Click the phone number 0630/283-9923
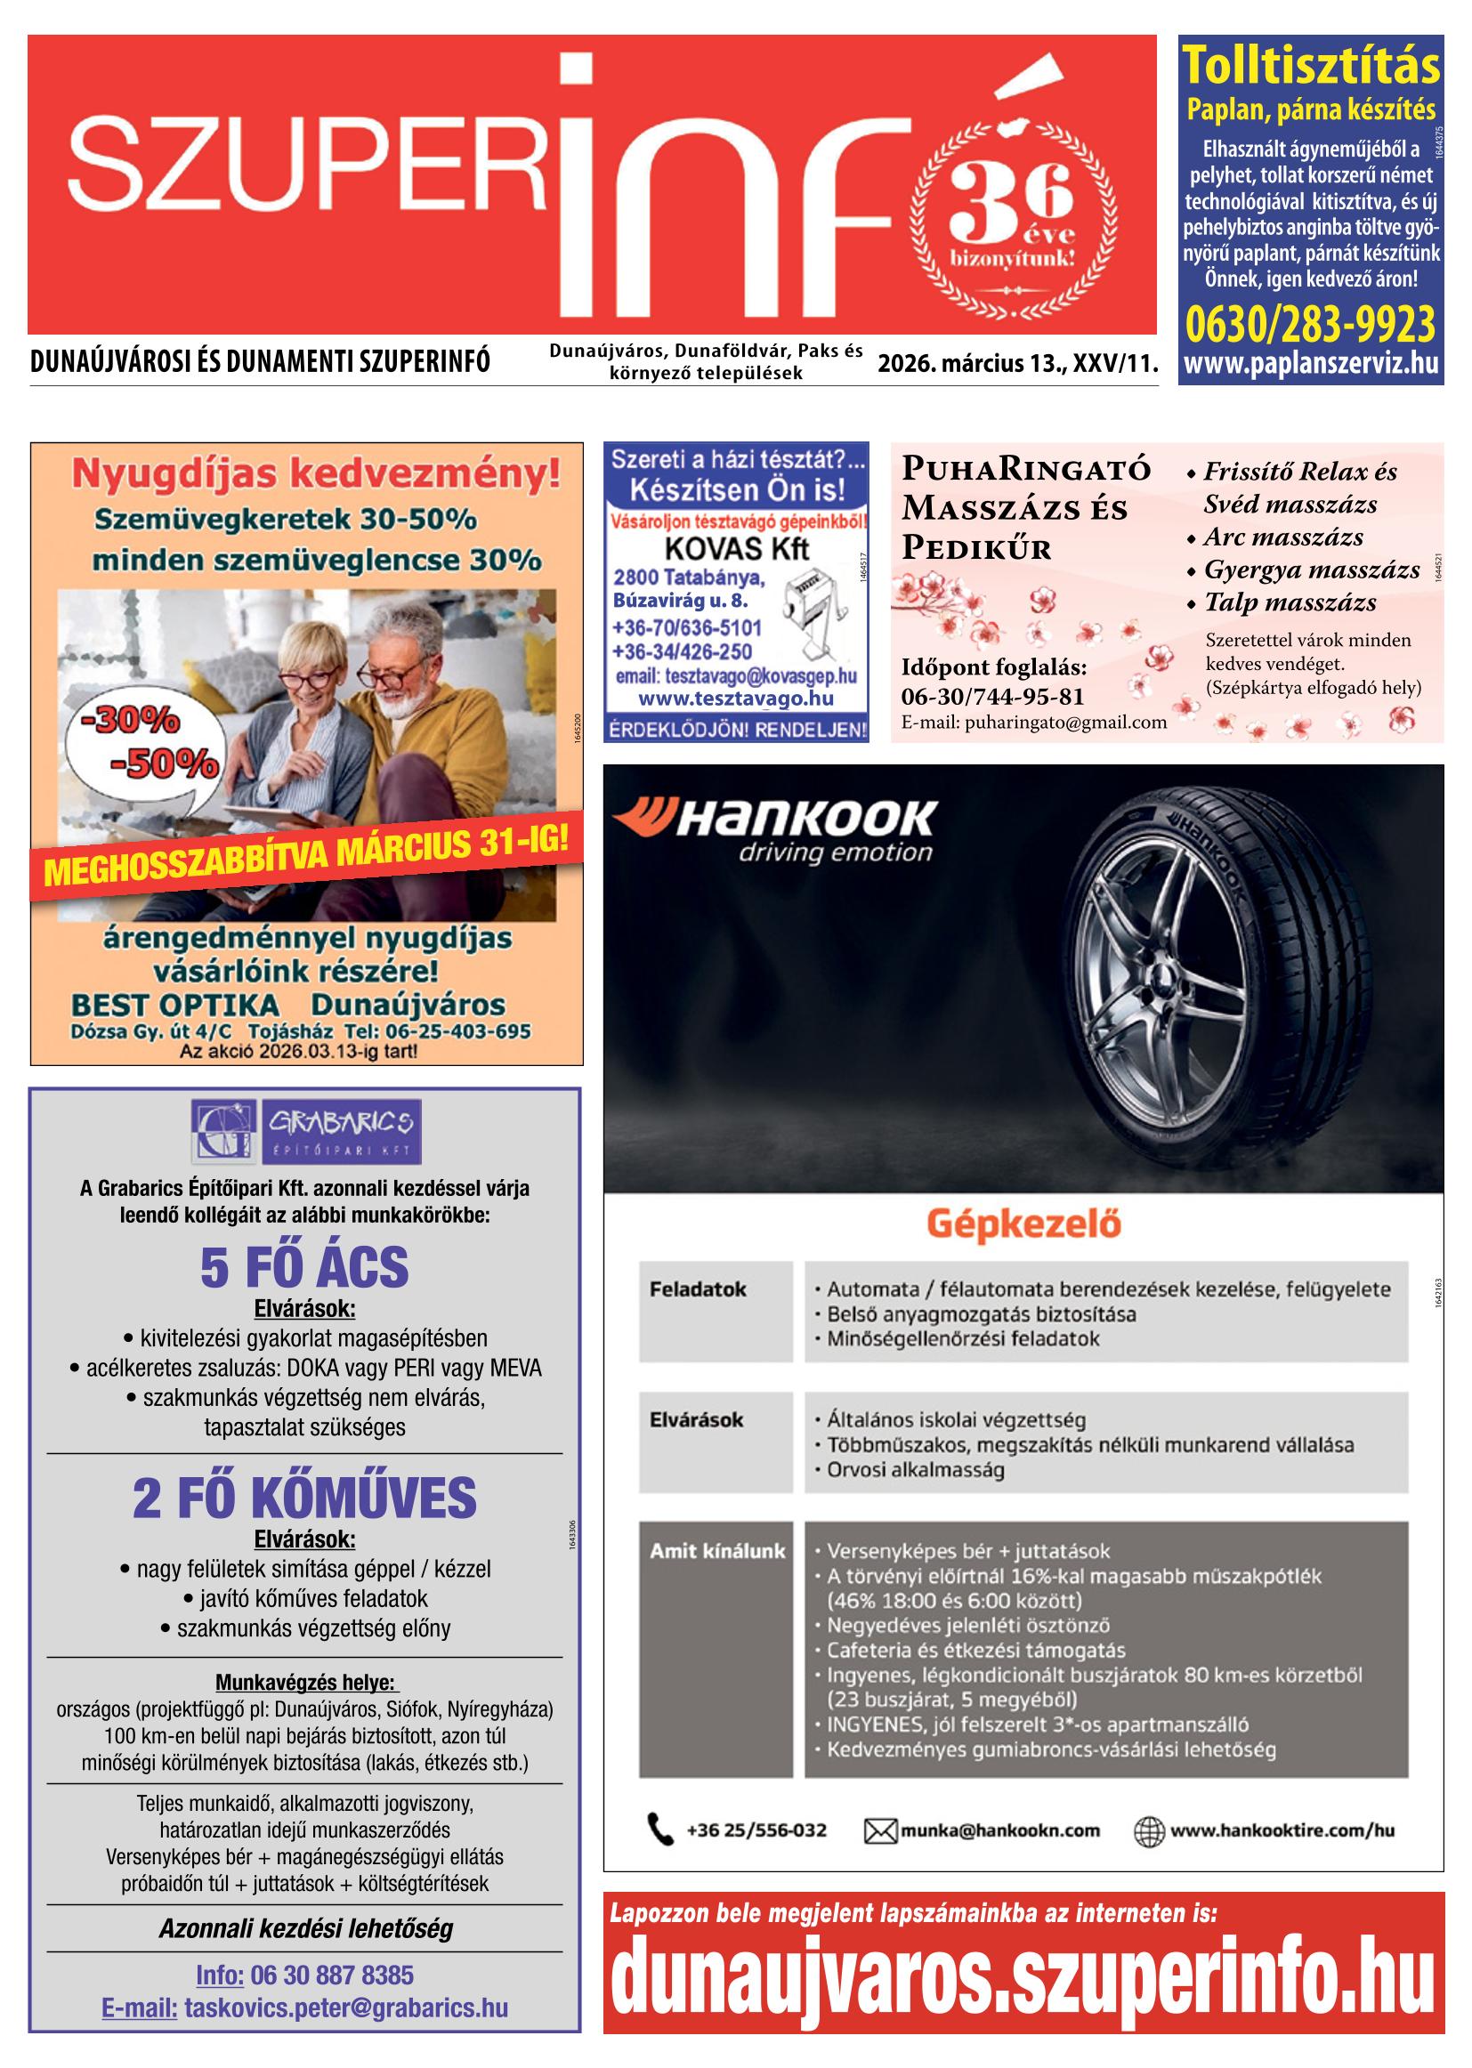pyautogui.click(x=1311, y=324)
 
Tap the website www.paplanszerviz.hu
pyautogui.click(x=1311, y=364)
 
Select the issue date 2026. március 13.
pyautogui.click(x=972, y=364)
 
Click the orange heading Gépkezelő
pyautogui.click(x=1023, y=1224)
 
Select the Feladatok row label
pyautogui.click(x=697, y=1288)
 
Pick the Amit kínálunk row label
pyautogui.click(x=717, y=1550)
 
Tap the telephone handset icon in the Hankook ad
pyautogui.click(x=660, y=1830)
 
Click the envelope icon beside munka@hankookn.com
pyautogui.click(x=879, y=1830)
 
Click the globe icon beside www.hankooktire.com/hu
pyautogui.click(x=1148, y=1830)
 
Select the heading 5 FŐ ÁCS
pyautogui.click(x=304, y=1267)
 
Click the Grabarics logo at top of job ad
pyautogui.click(x=305, y=1132)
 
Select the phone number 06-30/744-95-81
pyautogui.click(x=991, y=697)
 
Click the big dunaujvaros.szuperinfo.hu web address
pyautogui.click(x=1023, y=1969)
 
